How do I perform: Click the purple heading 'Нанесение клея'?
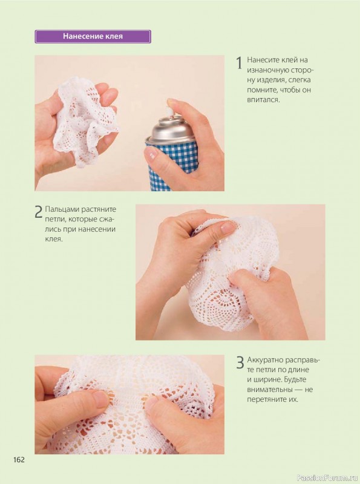[93, 36]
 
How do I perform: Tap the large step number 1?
[239, 63]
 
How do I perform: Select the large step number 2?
[39, 213]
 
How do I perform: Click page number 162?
[19, 460]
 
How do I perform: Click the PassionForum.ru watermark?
[327, 478]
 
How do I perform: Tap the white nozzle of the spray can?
[169, 110]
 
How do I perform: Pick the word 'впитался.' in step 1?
[263, 100]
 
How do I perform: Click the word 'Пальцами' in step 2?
[62, 209]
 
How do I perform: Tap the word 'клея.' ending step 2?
[54, 239]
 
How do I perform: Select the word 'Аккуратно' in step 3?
[265, 360]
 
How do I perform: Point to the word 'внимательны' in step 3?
[269, 390]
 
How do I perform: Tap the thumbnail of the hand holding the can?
[151, 154]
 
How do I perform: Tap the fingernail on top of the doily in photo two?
[228, 227]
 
